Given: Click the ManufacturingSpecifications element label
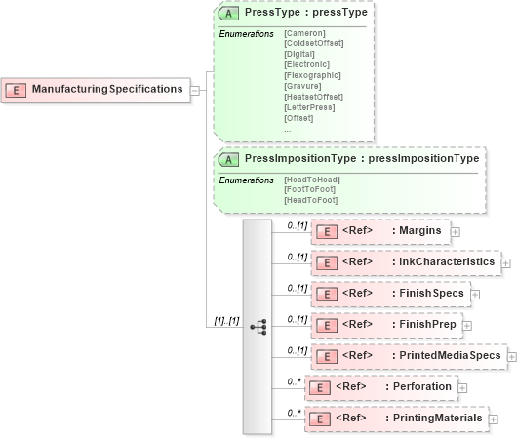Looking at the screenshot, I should point(107,90).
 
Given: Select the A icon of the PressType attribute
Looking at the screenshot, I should point(229,16).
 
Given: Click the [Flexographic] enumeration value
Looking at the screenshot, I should point(311,74).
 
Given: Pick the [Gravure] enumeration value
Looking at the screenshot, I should point(303,85).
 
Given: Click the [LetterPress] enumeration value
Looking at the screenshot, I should point(309,107).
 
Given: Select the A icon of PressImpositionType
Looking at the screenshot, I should point(229,158).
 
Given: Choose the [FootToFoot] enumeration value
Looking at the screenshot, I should point(310,190).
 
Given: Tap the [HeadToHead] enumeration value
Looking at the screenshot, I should point(311,180).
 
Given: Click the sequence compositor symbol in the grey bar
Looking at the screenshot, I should point(258,327).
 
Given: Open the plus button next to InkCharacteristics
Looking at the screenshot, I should point(505,263).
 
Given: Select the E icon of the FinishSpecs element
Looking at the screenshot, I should point(329,293).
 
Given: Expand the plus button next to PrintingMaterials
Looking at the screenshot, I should point(493,419).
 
